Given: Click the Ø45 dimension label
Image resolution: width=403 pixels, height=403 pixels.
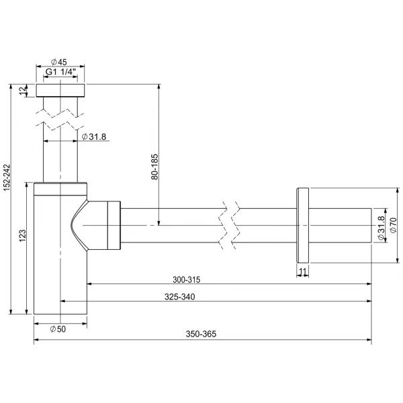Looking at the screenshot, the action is pos(59,62).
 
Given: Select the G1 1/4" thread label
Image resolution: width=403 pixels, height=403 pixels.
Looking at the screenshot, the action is pos(61,72).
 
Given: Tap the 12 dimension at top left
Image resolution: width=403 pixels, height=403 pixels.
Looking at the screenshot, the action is pos(23,90).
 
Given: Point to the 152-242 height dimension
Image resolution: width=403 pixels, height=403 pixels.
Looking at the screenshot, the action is pos(7,177).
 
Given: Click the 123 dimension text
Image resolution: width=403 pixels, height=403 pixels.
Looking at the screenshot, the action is pos(23,236).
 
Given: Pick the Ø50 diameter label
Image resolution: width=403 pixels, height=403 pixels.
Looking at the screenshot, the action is pos(58,328).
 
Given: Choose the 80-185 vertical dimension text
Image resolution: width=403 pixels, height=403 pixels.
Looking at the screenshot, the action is pos(154,167).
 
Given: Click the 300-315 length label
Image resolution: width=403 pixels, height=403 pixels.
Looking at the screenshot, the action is pos(186,279).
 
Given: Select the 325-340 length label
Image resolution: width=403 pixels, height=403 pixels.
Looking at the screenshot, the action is pos(179,297).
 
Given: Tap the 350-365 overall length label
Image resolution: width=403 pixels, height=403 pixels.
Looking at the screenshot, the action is pos(201,334).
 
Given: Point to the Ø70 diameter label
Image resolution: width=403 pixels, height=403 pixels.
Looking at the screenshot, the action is pos(393,225).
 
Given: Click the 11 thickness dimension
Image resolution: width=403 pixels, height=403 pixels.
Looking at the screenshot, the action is pos(303,271).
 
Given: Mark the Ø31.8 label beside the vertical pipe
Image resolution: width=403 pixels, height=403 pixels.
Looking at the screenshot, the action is pos(94,137).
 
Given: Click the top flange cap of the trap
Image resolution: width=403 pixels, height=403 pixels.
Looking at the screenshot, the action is pos(60,90).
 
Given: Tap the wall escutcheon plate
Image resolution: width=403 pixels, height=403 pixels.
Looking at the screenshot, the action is pos(303,226).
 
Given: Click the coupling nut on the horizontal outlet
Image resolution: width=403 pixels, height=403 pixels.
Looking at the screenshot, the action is pos(114,226).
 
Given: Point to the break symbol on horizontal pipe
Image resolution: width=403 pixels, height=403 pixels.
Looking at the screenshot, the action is pos(229,226).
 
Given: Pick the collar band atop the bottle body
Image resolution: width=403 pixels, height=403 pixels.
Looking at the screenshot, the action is pos(60,189).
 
